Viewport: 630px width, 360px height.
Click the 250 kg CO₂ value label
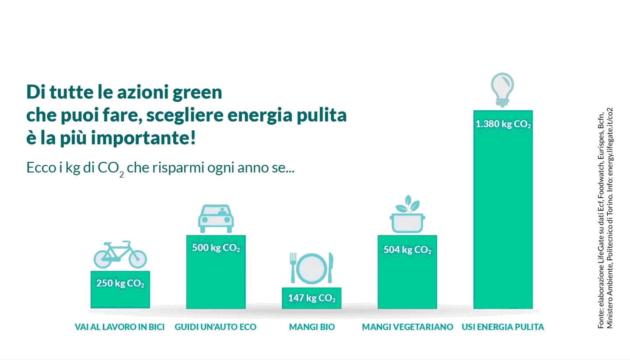click(120, 283)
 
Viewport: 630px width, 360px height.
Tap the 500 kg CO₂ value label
click(216, 248)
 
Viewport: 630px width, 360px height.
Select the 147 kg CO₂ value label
click(311, 298)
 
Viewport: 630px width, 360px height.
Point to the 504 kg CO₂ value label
click(407, 249)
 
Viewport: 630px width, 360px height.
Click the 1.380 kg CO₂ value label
click(503, 124)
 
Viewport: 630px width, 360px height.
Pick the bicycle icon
click(120, 255)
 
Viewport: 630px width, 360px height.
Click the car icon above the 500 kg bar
click(216, 219)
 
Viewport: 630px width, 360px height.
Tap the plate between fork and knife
click(311, 268)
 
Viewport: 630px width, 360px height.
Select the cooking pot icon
click(407, 224)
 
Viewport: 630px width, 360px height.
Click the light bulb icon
click(502, 90)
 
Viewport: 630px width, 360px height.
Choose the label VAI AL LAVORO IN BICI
click(119, 327)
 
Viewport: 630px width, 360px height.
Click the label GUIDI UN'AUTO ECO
click(215, 327)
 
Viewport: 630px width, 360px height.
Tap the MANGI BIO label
click(312, 327)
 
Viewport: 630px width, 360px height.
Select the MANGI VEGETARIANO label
click(408, 327)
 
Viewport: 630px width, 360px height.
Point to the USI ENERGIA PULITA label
click(503, 327)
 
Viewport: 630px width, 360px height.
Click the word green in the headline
click(197, 93)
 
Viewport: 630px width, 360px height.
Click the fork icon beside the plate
click(293, 268)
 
